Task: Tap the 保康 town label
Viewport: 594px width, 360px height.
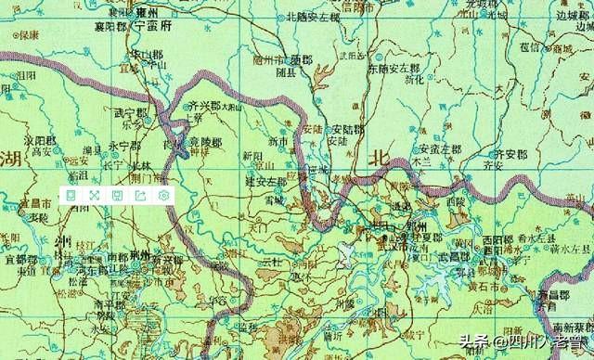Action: point(29,35)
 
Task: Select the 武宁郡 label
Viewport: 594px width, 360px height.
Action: point(131,113)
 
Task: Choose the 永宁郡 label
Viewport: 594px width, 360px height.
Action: point(123,147)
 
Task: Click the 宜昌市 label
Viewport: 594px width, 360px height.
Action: point(32,202)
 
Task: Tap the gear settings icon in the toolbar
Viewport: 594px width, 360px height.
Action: point(163,195)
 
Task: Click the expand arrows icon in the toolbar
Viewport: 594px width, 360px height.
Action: point(94,195)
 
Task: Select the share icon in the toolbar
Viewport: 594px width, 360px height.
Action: point(140,195)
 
